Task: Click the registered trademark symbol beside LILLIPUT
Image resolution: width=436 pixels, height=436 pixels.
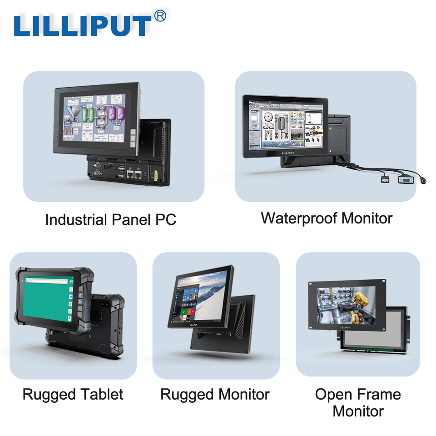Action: (x=160, y=16)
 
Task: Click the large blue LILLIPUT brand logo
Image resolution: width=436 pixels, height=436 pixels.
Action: (x=82, y=26)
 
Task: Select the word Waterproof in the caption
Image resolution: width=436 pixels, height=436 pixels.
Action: (x=299, y=218)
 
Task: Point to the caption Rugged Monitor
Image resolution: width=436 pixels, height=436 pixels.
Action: (x=215, y=394)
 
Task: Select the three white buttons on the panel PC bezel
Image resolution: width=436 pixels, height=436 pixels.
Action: (x=133, y=137)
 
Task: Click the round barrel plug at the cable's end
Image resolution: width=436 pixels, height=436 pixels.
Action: (x=423, y=181)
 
